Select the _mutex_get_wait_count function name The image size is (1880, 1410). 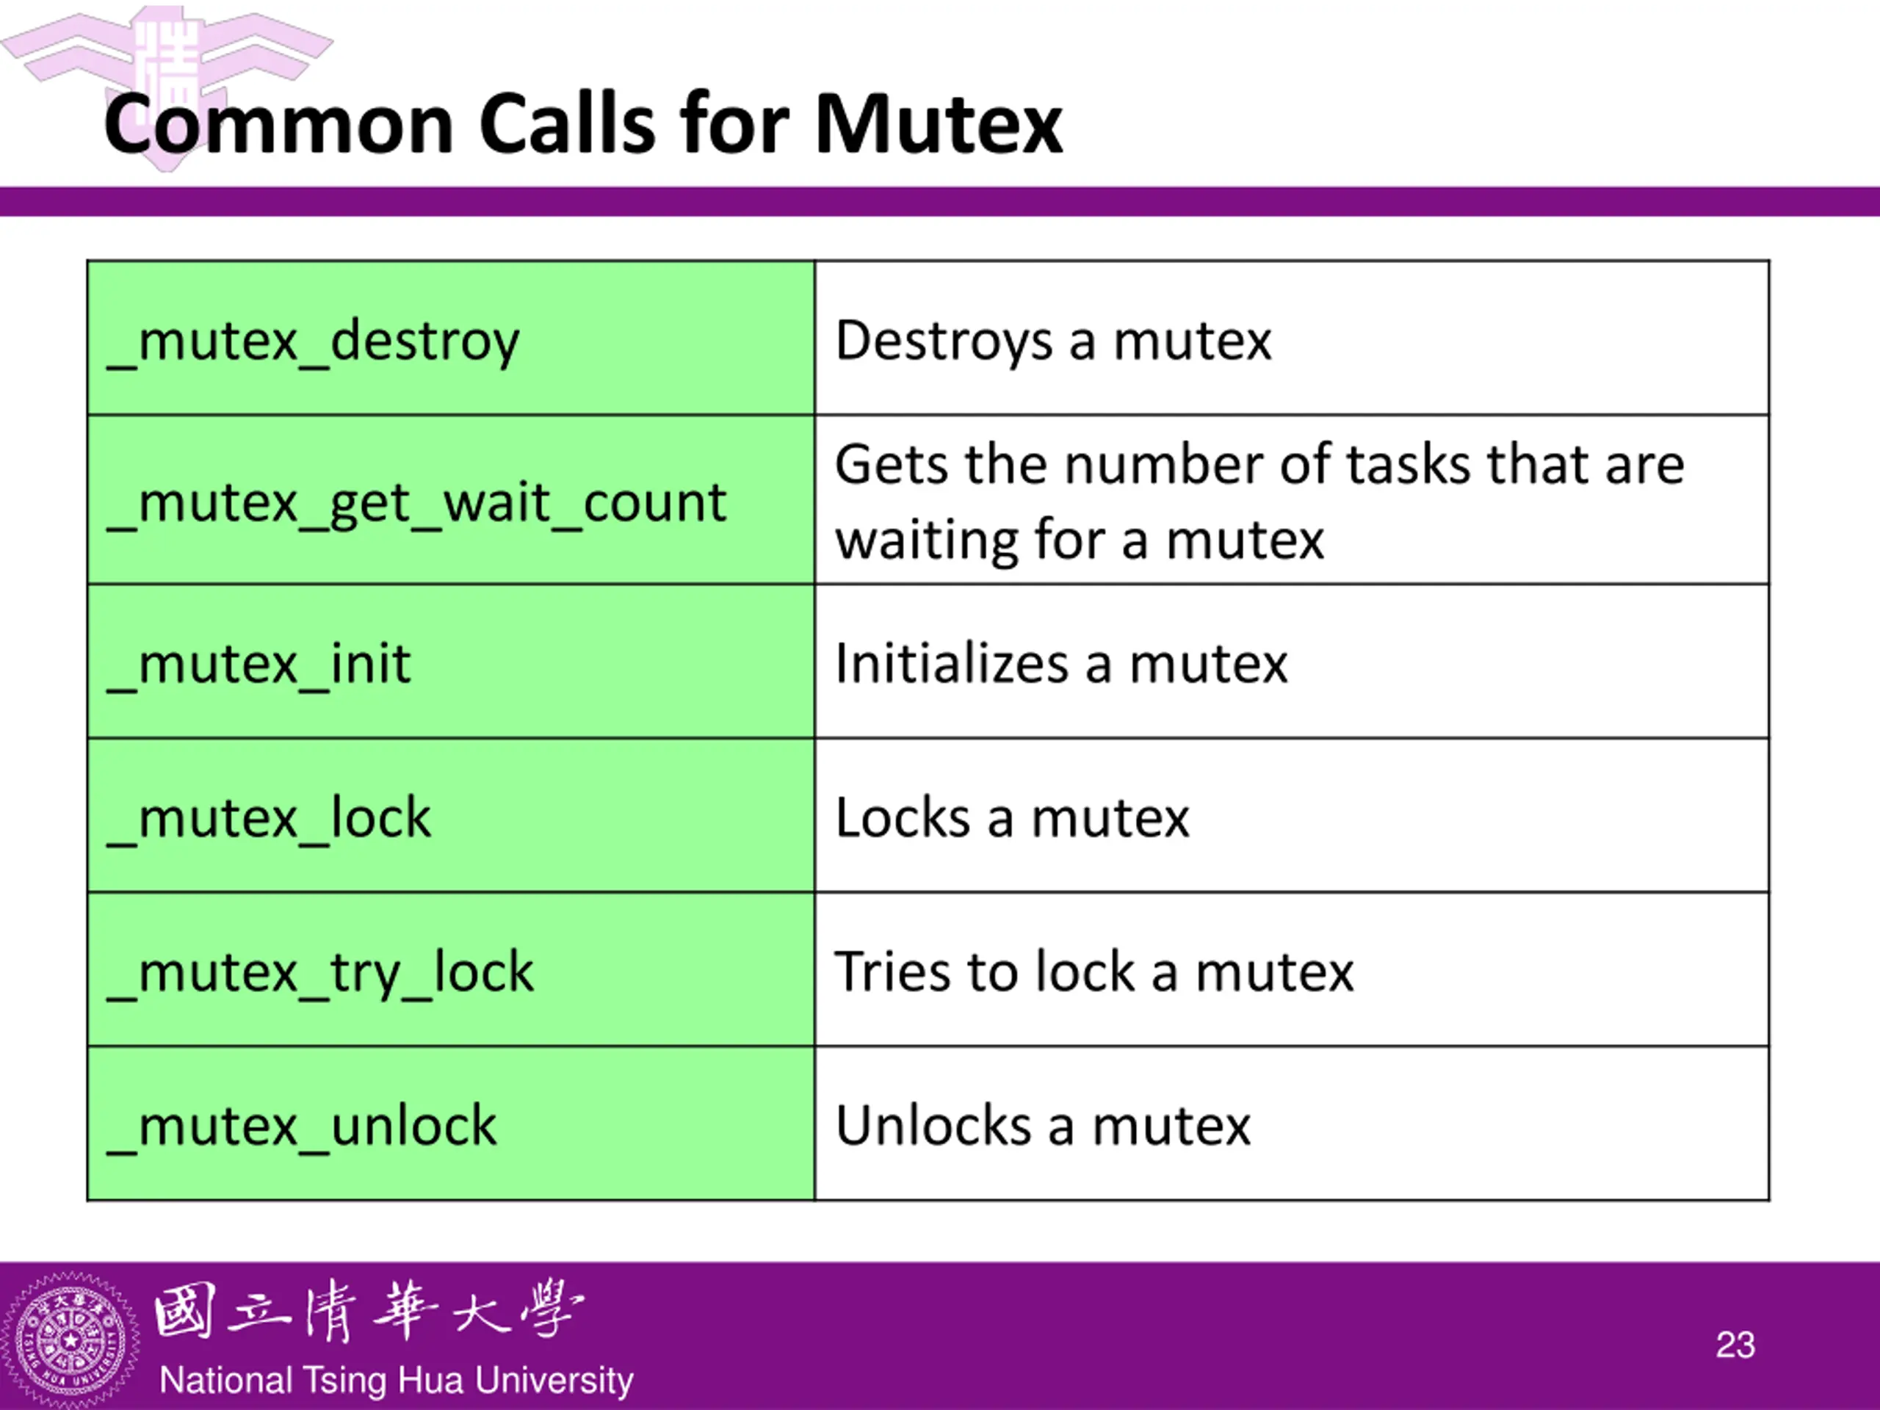point(416,503)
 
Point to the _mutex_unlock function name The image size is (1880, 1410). point(302,1126)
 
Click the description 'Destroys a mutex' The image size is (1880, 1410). point(1053,341)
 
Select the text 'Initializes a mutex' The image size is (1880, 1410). point(1060,665)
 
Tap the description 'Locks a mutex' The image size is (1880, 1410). point(1011,819)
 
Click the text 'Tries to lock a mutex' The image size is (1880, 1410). point(1093,972)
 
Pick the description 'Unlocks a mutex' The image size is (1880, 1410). point(1043,1126)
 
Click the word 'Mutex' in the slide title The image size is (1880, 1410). point(939,126)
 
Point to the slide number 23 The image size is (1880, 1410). point(1735,1345)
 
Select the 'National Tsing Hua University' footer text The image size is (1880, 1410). point(396,1380)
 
